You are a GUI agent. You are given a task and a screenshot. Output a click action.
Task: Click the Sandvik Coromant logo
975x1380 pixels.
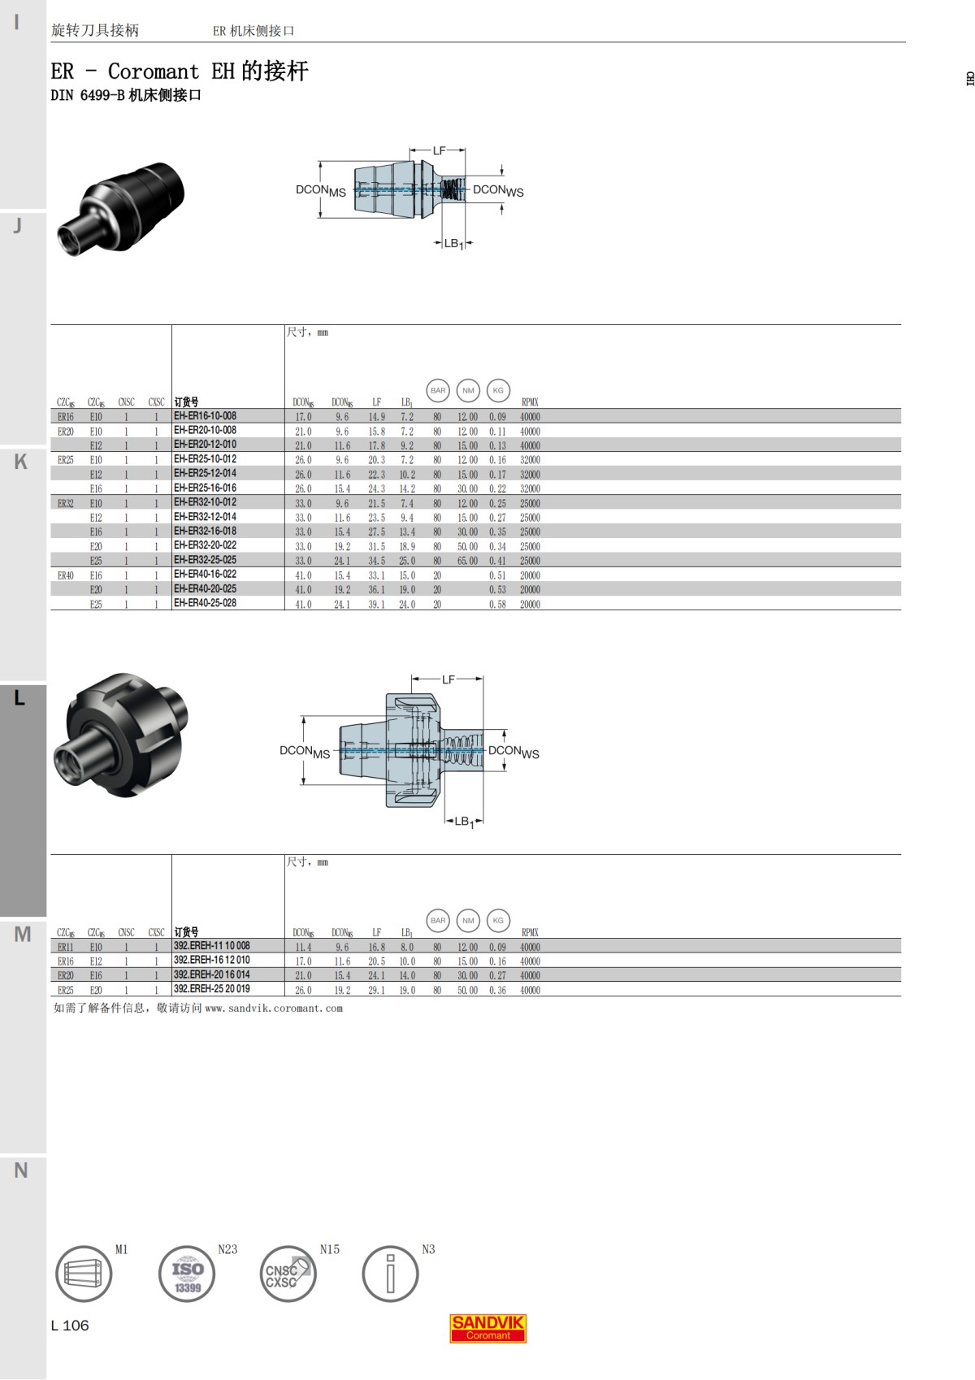[x=487, y=1327]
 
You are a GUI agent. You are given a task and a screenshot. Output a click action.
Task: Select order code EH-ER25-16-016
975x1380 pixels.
[x=205, y=488]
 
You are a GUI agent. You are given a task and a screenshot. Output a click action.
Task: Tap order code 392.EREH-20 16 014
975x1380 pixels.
[x=211, y=974]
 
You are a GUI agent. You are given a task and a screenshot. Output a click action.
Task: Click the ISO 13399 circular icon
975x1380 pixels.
[x=187, y=1274]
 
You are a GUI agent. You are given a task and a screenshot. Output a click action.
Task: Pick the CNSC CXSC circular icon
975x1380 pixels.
[x=288, y=1274]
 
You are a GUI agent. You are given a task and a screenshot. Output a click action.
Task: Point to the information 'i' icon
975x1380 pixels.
[x=390, y=1274]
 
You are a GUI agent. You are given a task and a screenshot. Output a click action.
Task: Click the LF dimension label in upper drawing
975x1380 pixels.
[x=439, y=150]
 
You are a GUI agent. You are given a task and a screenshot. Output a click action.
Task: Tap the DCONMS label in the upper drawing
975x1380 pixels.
[x=320, y=190]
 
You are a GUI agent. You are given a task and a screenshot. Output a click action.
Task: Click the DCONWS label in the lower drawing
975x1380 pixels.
[x=513, y=752]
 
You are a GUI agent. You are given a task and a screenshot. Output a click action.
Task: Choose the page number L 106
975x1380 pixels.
[x=70, y=1326]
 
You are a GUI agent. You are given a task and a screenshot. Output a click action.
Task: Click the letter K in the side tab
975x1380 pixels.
[x=21, y=462]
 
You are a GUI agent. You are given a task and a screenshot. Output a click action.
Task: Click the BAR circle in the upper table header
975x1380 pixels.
[x=438, y=391]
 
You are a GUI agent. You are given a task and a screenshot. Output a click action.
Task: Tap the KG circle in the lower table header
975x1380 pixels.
[x=498, y=921]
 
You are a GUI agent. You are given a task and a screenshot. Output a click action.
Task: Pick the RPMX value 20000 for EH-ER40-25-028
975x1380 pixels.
[x=530, y=604]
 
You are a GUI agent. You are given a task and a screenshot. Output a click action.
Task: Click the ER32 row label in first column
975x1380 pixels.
[x=66, y=503]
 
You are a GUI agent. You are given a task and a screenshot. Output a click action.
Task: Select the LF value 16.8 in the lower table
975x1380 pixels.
[x=377, y=947]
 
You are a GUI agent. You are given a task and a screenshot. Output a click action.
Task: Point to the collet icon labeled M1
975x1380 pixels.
[x=84, y=1274]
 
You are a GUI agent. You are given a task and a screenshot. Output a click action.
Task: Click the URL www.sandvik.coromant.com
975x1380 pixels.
[x=274, y=1009]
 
